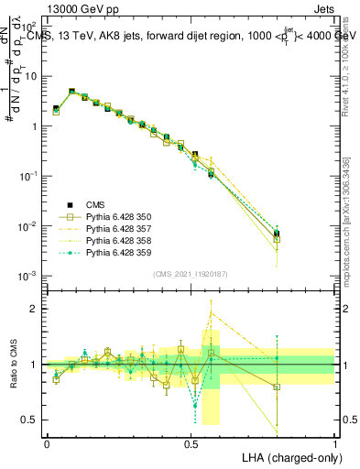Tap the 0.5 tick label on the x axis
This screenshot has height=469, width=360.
191,442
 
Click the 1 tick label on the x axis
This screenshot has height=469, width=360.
334,442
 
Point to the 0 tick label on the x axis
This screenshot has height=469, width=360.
47,442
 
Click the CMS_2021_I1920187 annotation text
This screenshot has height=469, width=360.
191,274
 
